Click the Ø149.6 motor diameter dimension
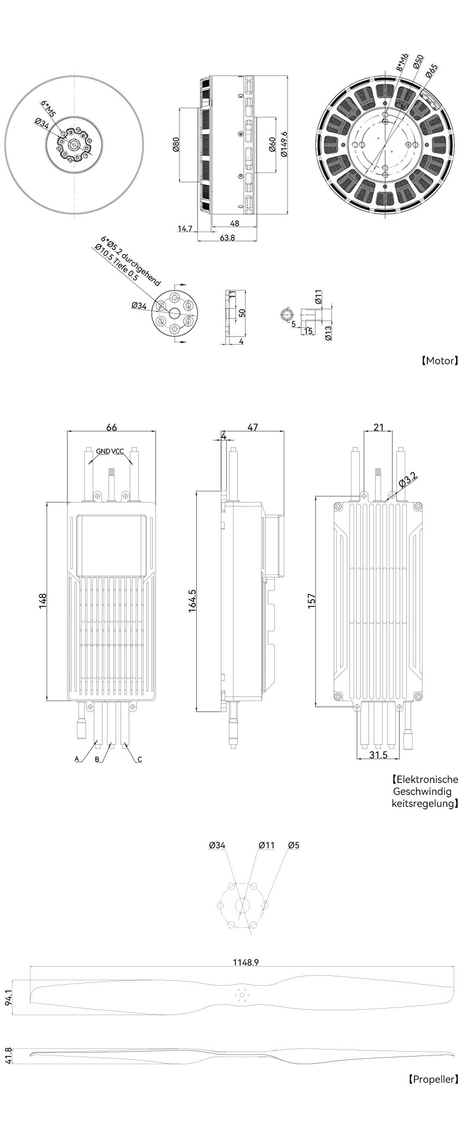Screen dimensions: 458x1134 pos(284,144)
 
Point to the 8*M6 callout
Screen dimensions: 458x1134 pos(402,63)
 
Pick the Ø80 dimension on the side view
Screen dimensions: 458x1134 pos(176,144)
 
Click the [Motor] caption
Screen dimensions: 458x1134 pos(438,360)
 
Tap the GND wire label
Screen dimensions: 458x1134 pos(103,451)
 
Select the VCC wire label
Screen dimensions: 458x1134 pos(118,451)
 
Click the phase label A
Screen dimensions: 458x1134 pos(77,759)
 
